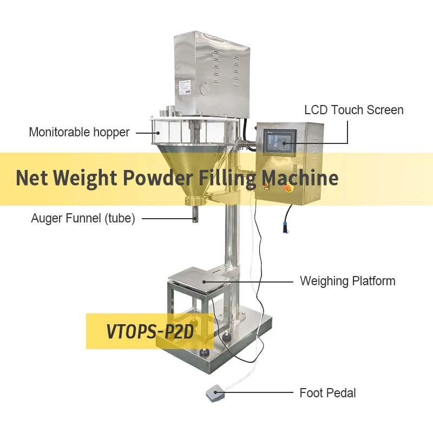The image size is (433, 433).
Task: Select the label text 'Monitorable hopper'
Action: point(79,132)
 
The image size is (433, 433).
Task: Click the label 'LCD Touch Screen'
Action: point(353,110)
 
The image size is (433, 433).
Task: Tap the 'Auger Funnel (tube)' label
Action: point(83,219)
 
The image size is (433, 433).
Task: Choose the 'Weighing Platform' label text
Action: point(347,281)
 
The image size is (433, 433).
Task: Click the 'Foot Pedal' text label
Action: point(327,393)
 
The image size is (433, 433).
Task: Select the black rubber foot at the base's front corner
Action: point(206,353)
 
